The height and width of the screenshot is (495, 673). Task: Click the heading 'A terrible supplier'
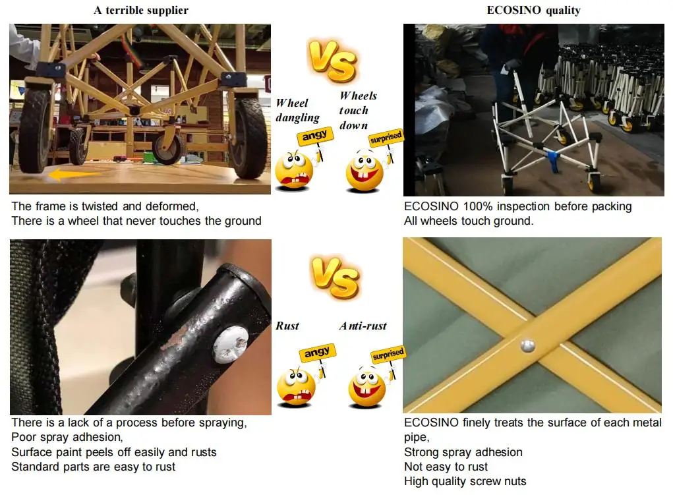(141, 10)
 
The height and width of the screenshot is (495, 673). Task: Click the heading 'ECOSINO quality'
(533, 10)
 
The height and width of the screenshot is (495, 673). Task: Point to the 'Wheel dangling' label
(297, 110)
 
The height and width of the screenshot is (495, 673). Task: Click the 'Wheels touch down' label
(358, 110)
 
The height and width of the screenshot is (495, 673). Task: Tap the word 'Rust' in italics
(287, 326)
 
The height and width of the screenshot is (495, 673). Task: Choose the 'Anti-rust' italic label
(363, 326)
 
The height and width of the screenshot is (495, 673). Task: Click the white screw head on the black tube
(231, 344)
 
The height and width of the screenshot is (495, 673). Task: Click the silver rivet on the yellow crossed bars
(527, 345)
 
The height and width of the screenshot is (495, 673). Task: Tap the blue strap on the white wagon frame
(552, 159)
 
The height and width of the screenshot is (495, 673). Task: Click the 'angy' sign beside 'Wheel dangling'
(315, 136)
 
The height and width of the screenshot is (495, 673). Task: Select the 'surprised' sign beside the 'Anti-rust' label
(388, 354)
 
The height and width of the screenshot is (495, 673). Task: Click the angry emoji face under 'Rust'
(296, 388)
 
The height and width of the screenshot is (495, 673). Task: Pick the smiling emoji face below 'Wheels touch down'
(365, 171)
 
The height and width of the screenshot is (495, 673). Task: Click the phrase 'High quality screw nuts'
(465, 481)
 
